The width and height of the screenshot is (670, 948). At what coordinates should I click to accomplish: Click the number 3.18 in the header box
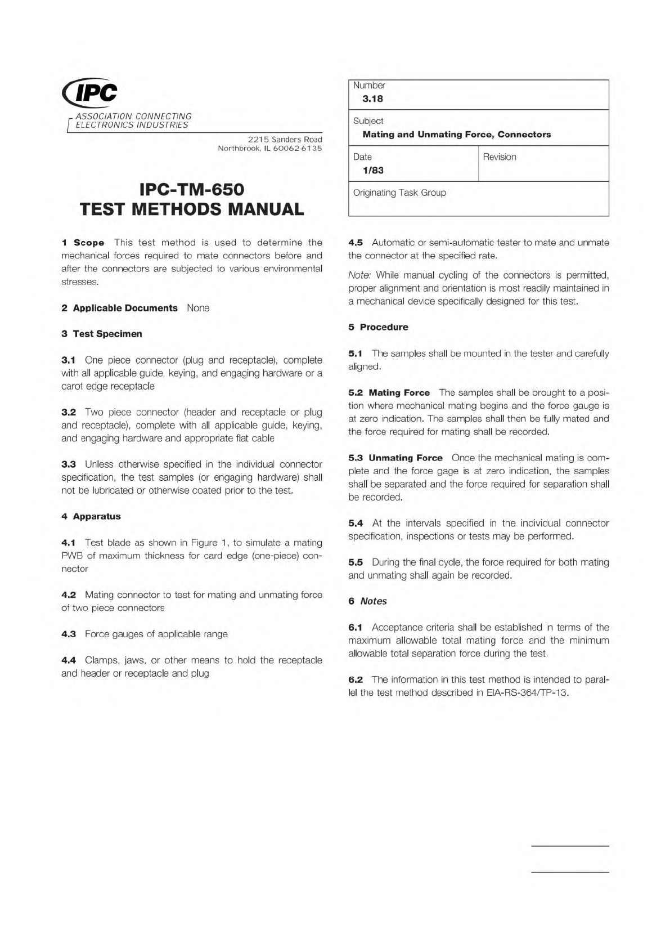point(372,99)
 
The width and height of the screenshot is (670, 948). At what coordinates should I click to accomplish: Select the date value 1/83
point(373,171)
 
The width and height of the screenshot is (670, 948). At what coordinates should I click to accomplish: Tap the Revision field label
point(499,157)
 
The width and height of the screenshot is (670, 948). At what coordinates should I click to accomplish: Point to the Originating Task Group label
point(399,193)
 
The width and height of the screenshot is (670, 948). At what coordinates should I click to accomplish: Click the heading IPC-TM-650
point(191,189)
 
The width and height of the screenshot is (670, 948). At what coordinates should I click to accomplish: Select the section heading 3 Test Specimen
point(102,334)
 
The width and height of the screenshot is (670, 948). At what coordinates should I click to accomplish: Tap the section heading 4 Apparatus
point(91,516)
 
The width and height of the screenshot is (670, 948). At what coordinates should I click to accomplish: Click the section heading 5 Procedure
point(378,327)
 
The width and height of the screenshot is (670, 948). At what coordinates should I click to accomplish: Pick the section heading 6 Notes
point(367,601)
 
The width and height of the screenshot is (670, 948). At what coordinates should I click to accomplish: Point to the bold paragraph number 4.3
point(69,634)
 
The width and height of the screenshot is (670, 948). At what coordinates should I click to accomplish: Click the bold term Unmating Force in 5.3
point(405,458)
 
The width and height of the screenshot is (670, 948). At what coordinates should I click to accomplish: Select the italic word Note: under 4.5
point(359,275)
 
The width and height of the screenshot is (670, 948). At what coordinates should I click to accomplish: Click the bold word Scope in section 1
point(89,243)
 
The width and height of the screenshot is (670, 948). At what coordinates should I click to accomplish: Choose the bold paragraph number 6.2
point(356,679)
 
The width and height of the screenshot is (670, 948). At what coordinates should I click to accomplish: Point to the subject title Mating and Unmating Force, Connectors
point(456,135)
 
